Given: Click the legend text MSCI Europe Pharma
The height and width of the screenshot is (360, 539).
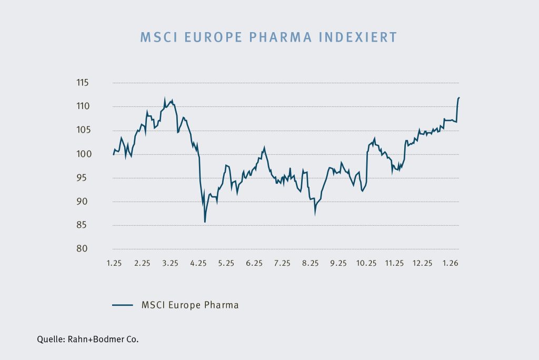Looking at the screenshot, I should tap(190, 305).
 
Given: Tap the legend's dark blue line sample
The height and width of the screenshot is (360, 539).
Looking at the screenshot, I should tap(122, 305).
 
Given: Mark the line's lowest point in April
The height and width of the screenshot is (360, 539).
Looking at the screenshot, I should tap(204, 222).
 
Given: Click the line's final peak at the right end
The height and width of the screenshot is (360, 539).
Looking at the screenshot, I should tap(459, 97).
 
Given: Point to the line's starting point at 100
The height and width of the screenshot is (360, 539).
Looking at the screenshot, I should tap(114, 154).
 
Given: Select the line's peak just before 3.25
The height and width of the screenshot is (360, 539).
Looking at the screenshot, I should tap(165, 98).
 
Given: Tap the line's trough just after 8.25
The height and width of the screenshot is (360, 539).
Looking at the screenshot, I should tap(315, 213).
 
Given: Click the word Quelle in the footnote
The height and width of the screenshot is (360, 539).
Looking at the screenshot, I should tap(51, 339).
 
